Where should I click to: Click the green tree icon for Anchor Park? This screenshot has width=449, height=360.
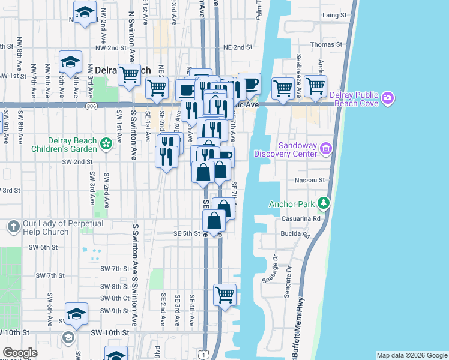pyautogui.click(x=324, y=203)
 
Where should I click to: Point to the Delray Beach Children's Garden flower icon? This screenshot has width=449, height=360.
pyautogui.click(x=106, y=143)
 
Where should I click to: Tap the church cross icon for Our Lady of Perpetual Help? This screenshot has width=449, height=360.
pyautogui.click(x=13, y=226)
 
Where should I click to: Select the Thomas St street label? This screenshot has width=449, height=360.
pyautogui.click(x=326, y=44)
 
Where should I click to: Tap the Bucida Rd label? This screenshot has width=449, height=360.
pyautogui.click(x=298, y=233)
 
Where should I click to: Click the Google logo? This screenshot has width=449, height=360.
pyautogui.click(x=20, y=353)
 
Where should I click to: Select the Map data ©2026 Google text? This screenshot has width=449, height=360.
pyautogui.click(x=411, y=355)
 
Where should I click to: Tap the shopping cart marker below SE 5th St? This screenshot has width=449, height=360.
pyautogui.click(x=224, y=295)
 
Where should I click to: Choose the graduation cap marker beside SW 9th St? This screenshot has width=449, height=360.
pyautogui.click(x=76, y=313)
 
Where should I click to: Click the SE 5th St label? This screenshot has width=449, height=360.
pyautogui.click(x=186, y=233)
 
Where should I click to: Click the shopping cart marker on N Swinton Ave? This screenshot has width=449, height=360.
pyautogui.click(x=129, y=75)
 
